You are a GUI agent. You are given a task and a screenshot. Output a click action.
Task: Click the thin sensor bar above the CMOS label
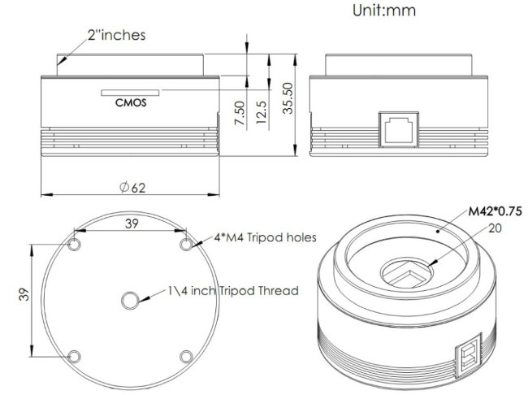(x=129, y=92)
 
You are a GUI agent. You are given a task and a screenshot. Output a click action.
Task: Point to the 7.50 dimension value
(x=238, y=112)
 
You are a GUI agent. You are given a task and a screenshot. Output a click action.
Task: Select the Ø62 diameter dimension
(x=132, y=187)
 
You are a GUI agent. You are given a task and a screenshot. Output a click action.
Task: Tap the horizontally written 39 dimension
(x=132, y=223)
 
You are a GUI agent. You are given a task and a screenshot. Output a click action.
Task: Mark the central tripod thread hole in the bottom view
(x=130, y=301)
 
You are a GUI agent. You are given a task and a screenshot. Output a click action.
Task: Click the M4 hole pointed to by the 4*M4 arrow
(x=186, y=245)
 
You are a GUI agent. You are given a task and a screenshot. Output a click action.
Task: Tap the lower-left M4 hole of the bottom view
(x=75, y=356)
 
